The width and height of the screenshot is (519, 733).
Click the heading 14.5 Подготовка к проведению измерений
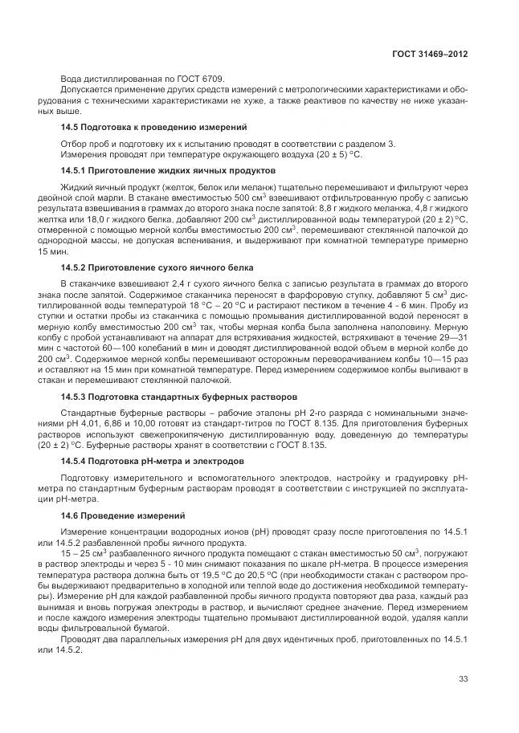coord(153,128)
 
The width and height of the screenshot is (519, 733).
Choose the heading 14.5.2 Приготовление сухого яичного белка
coord(157,267)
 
